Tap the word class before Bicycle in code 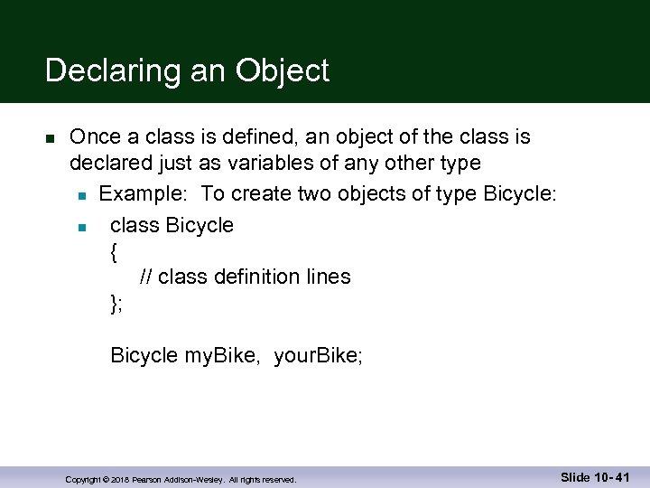click(135, 225)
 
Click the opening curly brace click(114, 252)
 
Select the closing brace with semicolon click(116, 304)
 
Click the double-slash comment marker click(146, 277)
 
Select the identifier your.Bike click(318, 356)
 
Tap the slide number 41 click(622, 477)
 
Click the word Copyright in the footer click(81, 479)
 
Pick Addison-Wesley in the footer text click(193, 479)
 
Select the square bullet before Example click(81, 194)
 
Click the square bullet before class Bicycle click(81, 226)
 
